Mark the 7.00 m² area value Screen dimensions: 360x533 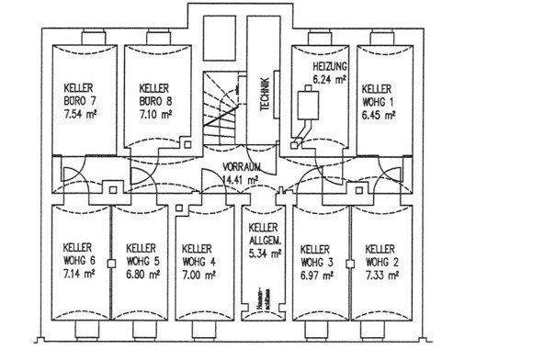199,274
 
